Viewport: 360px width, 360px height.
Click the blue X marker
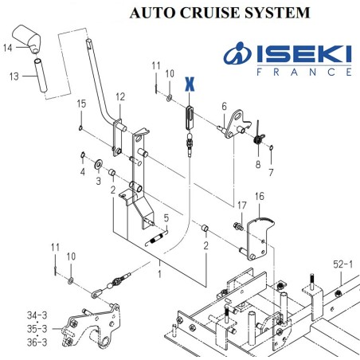pyautogui.click(x=190, y=84)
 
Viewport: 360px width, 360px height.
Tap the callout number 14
pyautogui.click(x=8, y=48)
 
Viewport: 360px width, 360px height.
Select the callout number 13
pyautogui.click(x=14, y=76)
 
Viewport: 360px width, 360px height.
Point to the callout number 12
pyautogui.click(x=120, y=97)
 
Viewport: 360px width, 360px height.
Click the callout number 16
pyautogui.click(x=260, y=196)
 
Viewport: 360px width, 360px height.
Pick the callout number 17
pyautogui.click(x=242, y=205)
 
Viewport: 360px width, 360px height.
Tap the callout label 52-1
pyautogui.click(x=343, y=264)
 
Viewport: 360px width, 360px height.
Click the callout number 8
pyautogui.click(x=258, y=165)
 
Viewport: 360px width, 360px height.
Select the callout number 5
pyautogui.click(x=166, y=218)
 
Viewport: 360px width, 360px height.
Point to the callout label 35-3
pyautogui.click(x=37, y=329)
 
